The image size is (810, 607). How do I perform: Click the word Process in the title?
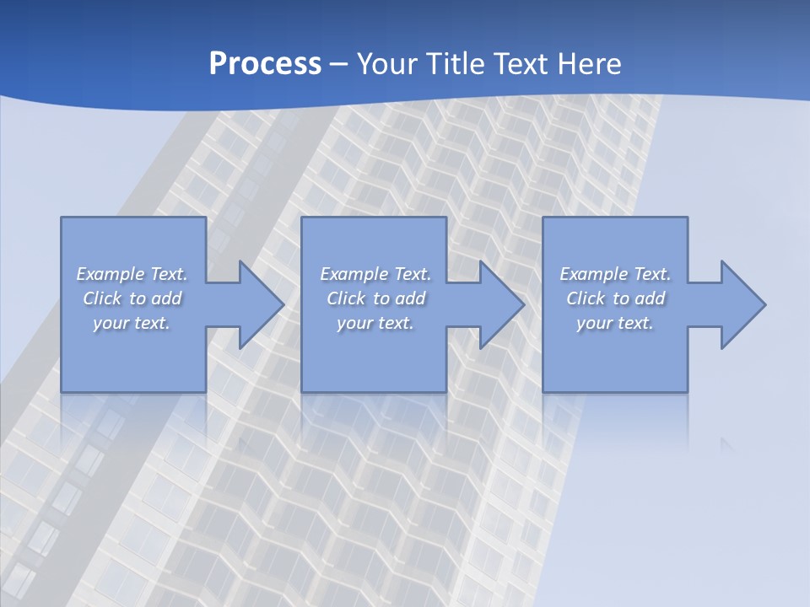[x=265, y=64]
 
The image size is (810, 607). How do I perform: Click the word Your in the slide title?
[x=386, y=64]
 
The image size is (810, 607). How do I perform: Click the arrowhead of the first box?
[x=258, y=304]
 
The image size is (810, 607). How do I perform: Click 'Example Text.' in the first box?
[x=132, y=274]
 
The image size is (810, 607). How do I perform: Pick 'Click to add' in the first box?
[x=132, y=298]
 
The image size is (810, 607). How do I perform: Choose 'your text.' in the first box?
[x=132, y=323]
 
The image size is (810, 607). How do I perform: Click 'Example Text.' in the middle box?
[x=375, y=274]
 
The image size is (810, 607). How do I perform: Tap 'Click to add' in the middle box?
[x=375, y=298]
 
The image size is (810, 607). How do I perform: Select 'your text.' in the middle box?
[x=375, y=323]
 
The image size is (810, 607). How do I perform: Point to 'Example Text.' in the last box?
[x=615, y=274]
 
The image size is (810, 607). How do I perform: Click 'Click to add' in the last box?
[x=615, y=298]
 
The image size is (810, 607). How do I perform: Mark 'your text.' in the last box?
[x=615, y=323]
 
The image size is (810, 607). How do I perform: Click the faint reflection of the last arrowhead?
[x=726, y=443]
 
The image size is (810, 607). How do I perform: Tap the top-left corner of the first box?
[x=62, y=218]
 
